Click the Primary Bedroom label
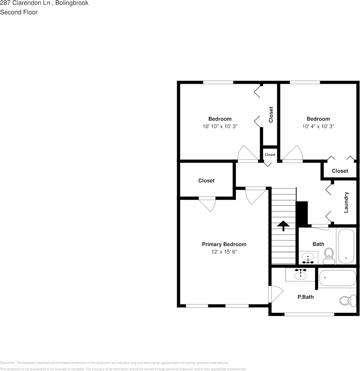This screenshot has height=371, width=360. click(224, 244)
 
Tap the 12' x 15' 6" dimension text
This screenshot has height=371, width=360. click(224, 252)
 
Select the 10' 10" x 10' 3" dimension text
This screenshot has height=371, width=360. click(220, 126)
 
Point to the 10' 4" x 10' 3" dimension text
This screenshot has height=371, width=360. click(318, 126)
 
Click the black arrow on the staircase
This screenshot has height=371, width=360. click(283, 225)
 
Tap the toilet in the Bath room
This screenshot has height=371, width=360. click(329, 255)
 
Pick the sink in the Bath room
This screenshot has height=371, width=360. click(308, 258)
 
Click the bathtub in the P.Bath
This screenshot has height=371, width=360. click(337, 278)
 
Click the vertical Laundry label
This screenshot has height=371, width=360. click(346, 202)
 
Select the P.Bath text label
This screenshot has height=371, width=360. click(305, 297)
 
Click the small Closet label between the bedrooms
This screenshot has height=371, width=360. click(270, 154)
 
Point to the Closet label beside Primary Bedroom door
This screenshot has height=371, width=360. click(206, 181)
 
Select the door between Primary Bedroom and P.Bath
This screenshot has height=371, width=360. click(275, 293)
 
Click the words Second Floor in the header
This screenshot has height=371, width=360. click(19, 12)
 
